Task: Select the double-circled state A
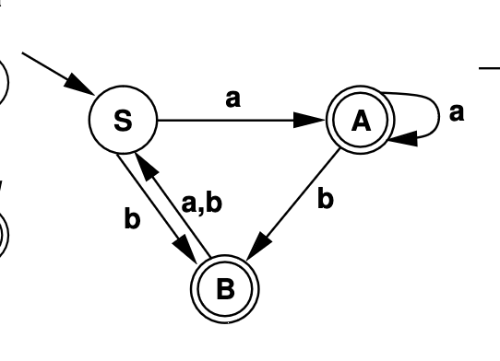pyautogui.click(x=361, y=121)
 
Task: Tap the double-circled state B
pyautogui.click(x=226, y=288)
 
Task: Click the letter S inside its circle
pyautogui.click(x=123, y=122)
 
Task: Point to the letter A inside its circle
pyautogui.click(x=361, y=122)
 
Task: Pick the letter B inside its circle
pyautogui.click(x=226, y=289)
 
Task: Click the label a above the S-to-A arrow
pyautogui.click(x=232, y=99)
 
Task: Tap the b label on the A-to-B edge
pyautogui.click(x=324, y=198)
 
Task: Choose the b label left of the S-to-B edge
pyautogui.click(x=133, y=221)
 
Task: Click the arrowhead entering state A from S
pyautogui.click(x=315, y=120)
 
